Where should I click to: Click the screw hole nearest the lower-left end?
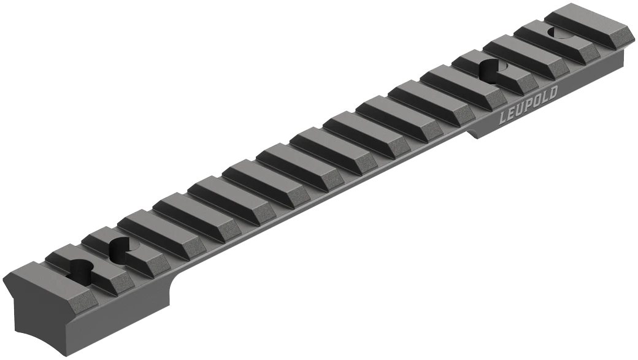click(x=82, y=267)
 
